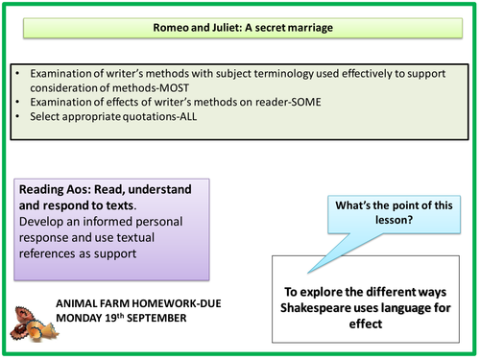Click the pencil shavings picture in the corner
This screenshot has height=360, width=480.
[x=29, y=322]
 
